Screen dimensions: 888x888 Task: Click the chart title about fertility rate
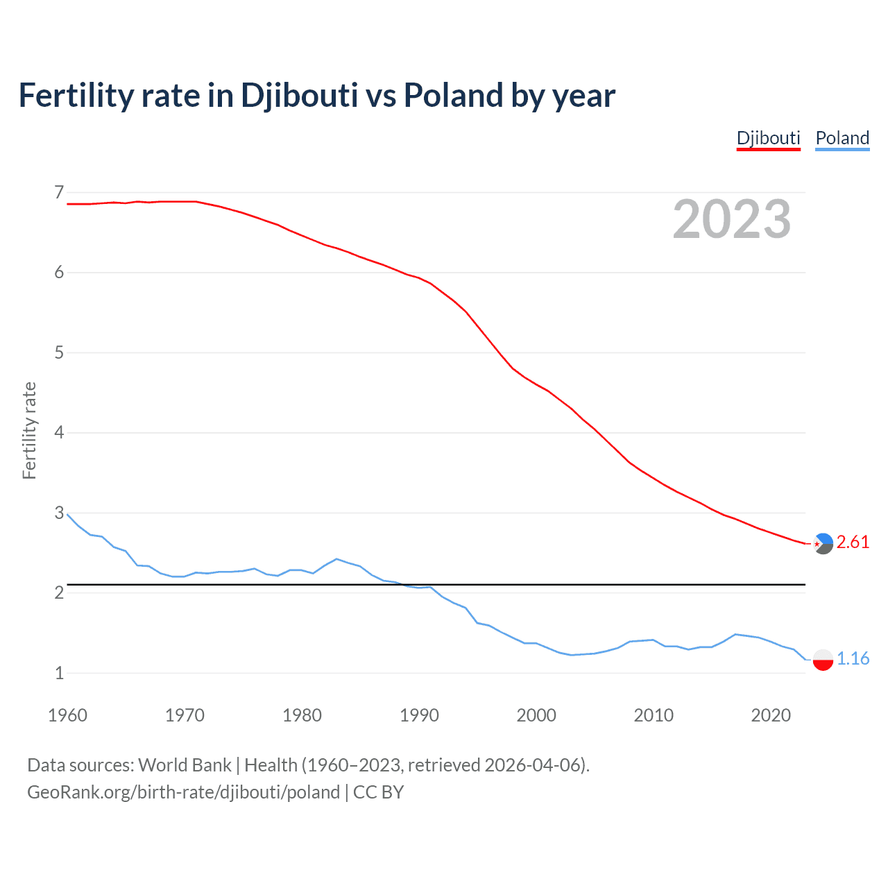[316, 96]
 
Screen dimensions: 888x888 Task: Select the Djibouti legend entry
[768, 138]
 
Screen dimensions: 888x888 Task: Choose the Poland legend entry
[842, 138]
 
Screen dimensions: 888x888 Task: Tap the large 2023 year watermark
[732, 219]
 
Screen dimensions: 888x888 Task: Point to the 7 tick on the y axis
[59, 192]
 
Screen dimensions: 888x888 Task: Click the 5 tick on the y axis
[59, 352]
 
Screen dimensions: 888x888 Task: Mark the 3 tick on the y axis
[59, 513]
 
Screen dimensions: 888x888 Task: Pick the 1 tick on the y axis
[59, 673]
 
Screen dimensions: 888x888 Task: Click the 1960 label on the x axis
[67, 715]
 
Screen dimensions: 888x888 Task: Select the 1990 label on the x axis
[419, 715]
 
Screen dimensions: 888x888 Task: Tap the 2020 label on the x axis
[771, 715]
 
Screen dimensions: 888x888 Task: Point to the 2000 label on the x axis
[536, 715]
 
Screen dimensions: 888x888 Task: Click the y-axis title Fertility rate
[29, 430]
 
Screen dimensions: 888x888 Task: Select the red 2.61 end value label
[853, 543]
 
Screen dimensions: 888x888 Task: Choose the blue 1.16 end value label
[853, 659]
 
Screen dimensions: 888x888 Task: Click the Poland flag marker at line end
[823, 660]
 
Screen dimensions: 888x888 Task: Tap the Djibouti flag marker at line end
[823, 544]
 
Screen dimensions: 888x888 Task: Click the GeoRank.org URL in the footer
[183, 792]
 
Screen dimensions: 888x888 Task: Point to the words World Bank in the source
[185, 765]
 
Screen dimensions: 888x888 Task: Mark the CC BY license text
[378, 792]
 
